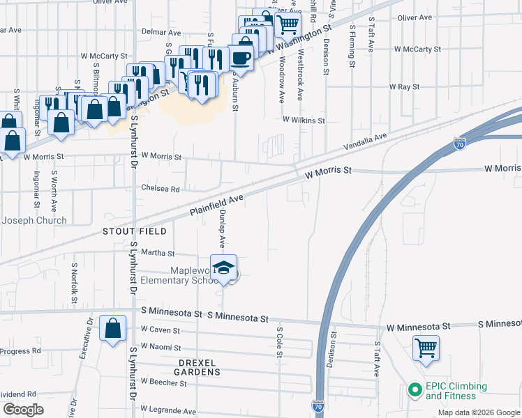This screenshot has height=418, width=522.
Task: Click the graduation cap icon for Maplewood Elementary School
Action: point(223,268)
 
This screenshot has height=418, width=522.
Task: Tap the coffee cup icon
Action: point(241,57)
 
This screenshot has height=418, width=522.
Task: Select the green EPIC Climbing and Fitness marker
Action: point(413,390)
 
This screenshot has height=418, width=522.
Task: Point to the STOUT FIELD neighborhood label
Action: point(135,231)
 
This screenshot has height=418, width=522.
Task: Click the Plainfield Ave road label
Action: point(216,206)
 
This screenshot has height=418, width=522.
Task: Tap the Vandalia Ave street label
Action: point(365,143)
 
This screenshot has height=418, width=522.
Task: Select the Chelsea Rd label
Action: point(161,189)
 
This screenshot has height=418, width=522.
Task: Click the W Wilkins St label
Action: point(304,121)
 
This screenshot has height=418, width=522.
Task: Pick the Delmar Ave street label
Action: point(161,33)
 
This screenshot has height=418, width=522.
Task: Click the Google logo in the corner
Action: point(23,410)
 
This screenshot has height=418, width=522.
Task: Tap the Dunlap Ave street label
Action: point(222,229)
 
